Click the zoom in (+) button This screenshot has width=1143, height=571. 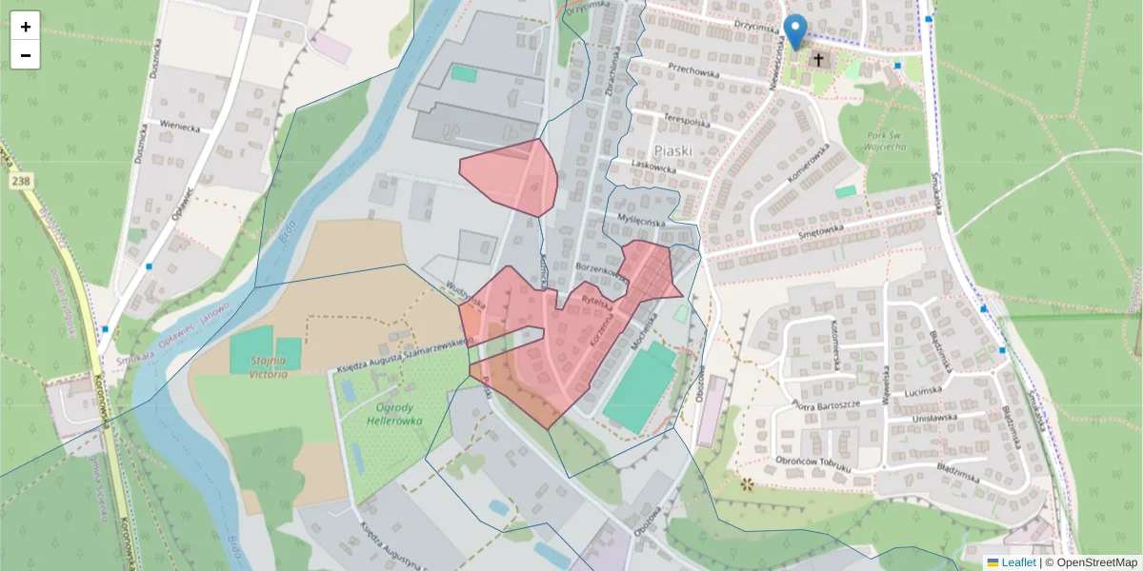[26, 27]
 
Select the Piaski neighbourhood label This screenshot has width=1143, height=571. [672, 150]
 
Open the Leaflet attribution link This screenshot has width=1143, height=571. [1018, 562]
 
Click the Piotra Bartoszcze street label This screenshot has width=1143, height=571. [826, 404]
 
